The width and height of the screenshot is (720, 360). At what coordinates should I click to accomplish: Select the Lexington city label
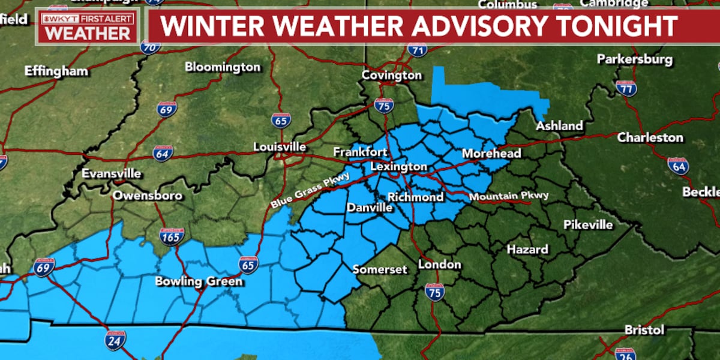(398, 167)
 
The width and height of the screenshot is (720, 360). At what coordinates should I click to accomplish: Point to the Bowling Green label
(199, 281)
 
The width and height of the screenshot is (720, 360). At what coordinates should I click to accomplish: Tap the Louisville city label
(280, 147)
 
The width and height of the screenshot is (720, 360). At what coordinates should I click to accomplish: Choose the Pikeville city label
(588, 225)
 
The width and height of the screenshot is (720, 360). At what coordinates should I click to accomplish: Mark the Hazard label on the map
(527, 249)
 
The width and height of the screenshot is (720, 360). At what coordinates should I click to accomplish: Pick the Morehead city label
(491, 154)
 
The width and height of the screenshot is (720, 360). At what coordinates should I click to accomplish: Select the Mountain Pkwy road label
(509, 196)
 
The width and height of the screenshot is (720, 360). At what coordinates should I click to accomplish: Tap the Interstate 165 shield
(172, 236)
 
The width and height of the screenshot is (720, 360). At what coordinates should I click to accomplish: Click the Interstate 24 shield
(116, 340)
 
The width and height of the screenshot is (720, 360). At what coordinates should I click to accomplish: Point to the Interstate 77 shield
(626, 89)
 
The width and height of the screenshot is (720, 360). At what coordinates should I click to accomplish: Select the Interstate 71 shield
(417, 49)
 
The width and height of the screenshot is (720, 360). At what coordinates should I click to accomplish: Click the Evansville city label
(112, 174)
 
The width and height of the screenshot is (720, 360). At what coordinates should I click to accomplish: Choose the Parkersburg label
(635, 60)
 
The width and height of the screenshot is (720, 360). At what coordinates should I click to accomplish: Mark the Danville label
(369, 208)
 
